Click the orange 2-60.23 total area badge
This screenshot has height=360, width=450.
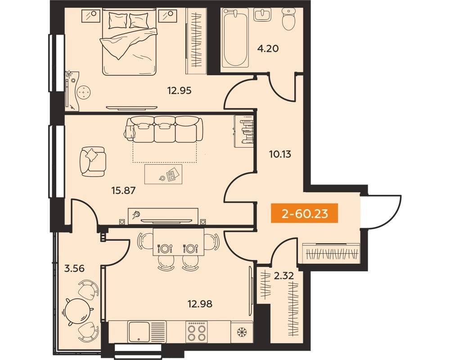click(x=304, y=213)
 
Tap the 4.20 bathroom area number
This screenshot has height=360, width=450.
click(x=268, y=49)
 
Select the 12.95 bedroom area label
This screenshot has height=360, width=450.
click(x=180, y=91)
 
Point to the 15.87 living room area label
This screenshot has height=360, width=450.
click(x=123, y=190)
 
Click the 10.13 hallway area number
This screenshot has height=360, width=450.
click(x=280, y=154)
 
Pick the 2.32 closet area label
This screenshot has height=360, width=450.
click(x=283, y=276)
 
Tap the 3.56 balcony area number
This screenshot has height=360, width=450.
click(x=74, y=268)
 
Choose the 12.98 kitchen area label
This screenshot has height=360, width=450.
click(x=200, y=303)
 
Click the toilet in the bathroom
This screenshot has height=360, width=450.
click(x=289, y=19)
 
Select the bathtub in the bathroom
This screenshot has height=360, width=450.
click(x=235, y=38)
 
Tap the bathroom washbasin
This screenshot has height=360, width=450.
click(x=262, y=14)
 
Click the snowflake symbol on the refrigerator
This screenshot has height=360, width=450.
click(x=242, y=333)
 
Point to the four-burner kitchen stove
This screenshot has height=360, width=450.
click(x=197, y=332)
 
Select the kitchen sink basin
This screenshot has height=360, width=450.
click(x=139, y=332)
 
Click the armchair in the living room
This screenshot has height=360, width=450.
click(x=92, y=162)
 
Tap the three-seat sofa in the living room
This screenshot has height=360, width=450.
click(x=164, y=129)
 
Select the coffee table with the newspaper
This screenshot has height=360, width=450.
click(x=163, y=174)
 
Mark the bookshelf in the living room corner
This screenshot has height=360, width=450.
click(x=243, y=131)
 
